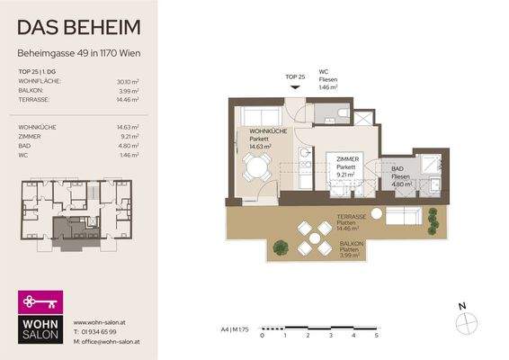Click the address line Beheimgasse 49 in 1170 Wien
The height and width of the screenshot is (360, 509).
click(79, 53)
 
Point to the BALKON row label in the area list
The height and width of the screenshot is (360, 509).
click(31, 91)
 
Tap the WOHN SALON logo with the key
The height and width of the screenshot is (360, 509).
click(41, 317)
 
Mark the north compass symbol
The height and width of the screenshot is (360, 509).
click(463, 321)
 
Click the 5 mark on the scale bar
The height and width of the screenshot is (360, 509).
click(376, 335)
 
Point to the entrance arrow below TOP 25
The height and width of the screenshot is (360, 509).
click(289, 88)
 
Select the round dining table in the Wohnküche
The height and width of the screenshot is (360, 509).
click(258, 166)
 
